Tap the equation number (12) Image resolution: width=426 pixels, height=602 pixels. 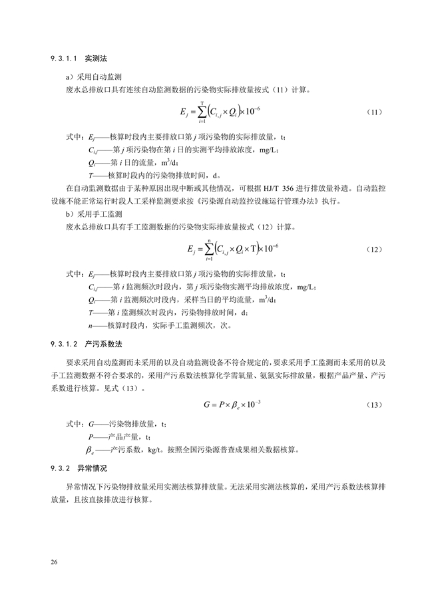(374, 249)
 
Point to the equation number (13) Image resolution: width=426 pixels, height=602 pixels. (374, 404)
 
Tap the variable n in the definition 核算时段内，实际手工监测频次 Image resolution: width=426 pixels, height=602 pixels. (90, 326)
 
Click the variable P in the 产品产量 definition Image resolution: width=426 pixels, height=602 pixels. (90, 436)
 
